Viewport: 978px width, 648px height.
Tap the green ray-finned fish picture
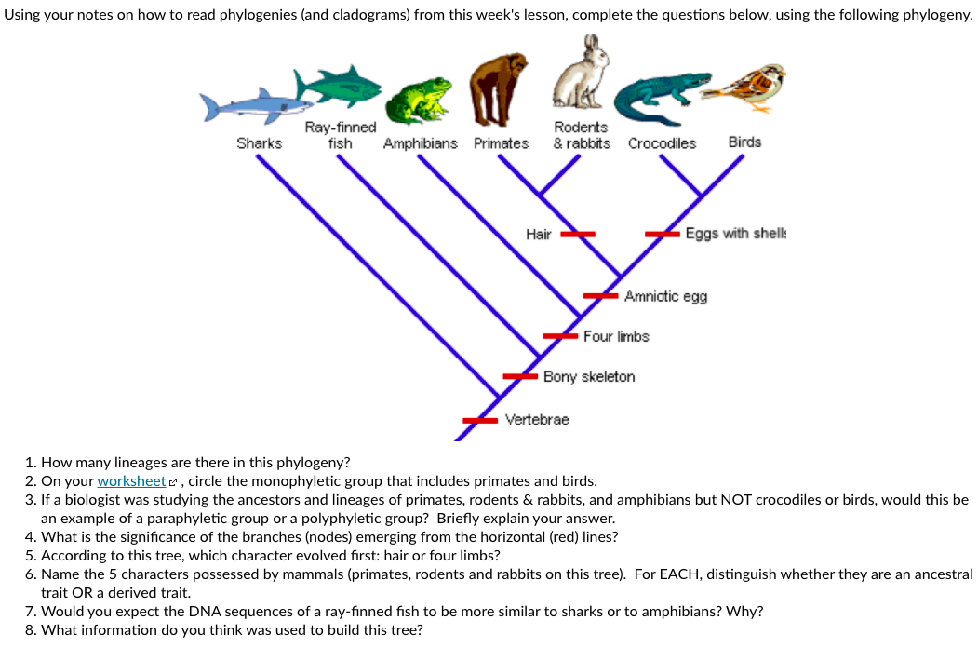339,86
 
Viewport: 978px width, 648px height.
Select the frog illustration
419,101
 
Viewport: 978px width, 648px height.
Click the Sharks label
259,142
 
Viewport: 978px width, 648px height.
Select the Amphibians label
421,143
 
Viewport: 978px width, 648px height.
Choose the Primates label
501,143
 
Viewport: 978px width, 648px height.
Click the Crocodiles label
662,143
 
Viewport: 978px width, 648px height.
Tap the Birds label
744,142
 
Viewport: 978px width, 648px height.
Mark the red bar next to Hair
577,235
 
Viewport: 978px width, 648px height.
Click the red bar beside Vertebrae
481,421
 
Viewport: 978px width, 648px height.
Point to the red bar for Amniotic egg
601,295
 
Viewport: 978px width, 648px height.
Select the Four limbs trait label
616,336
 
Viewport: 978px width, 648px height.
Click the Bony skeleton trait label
589,377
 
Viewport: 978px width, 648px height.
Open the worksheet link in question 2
131,481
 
